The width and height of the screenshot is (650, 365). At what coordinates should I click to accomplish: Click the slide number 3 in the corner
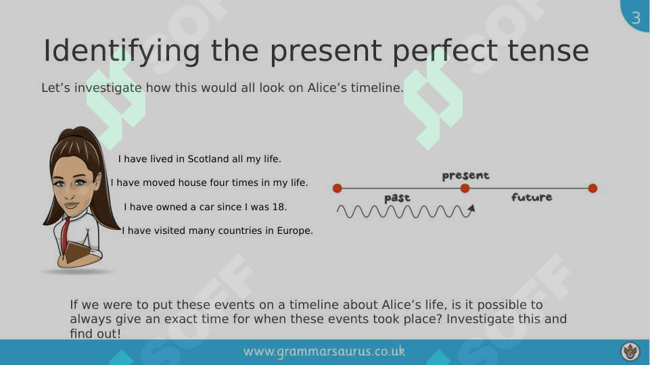click(x=636, y=18)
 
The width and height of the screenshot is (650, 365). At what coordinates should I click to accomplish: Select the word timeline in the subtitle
click(x=377, y=88)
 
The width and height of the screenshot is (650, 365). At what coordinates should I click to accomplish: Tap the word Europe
click(x=295, y=230)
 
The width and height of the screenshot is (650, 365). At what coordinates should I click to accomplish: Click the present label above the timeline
click(x=465, y=176)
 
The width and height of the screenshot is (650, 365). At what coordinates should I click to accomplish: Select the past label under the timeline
click(x=397, y=198)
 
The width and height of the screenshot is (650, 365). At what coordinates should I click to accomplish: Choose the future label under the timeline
click(x=532, y=197)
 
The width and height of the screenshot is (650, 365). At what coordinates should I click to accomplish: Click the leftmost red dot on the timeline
click(x=338, y=189)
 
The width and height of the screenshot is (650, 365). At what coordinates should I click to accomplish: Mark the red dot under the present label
click(x=465, y=189)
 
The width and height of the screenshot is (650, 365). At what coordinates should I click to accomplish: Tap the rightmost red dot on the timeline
click(x=593, y=189)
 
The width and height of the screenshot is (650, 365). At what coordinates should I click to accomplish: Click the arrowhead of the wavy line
click(x=471, y=209)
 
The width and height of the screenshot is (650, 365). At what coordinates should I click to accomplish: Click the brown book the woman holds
click(x=78, y=252)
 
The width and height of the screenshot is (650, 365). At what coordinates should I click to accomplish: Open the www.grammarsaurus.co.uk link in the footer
click(x=324, y=351)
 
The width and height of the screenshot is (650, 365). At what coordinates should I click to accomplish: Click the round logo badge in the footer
click(x=630, y=351)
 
